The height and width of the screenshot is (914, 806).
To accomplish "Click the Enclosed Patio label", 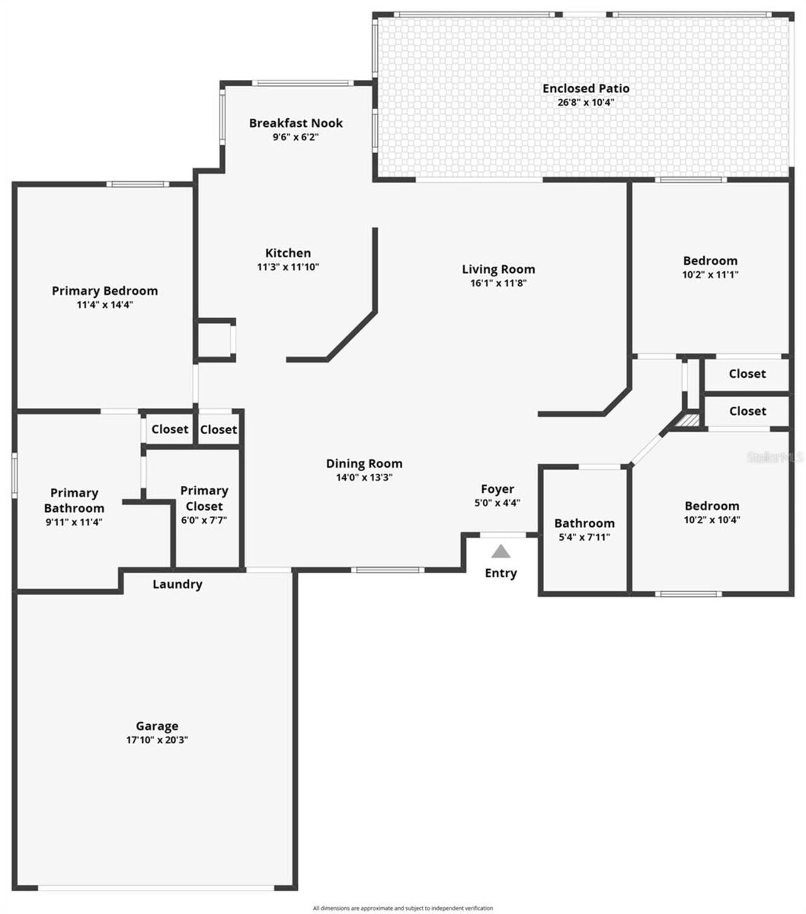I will click(x=586, y=89).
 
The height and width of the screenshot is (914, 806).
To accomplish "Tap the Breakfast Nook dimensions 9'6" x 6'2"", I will click(x=295, y=137).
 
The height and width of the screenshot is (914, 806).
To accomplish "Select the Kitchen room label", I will click(x=288, y=253).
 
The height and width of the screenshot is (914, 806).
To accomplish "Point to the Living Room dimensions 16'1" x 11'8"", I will click(x=498, y=283).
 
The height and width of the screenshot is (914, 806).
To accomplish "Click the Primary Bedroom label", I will click(x=105, y=291).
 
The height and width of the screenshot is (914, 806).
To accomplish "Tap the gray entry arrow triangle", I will click(x=501, y=551).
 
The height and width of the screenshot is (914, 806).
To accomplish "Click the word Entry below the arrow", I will click(x=501, y=573).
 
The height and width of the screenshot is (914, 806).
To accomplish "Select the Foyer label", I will click(x=497, y=489).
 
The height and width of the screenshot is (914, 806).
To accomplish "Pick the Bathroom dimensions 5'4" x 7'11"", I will click(x=584, y=537).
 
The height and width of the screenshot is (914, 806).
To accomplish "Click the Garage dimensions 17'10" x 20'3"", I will click(x=157, y=740).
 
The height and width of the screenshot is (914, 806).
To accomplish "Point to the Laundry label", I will click(x=178, y=584).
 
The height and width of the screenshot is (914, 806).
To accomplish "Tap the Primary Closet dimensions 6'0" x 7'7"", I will click(x=204, y=520).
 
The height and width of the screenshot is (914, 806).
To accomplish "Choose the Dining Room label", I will click(x=364, y=464).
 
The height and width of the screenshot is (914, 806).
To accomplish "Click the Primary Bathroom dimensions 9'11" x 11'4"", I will click(x=74, y=522).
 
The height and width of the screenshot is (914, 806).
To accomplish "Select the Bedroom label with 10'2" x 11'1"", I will click(x=710, y=261).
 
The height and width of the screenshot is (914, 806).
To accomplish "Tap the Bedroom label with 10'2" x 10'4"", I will click(x=712, y=506).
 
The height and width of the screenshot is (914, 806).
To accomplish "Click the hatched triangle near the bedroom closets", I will click(x=690, y=420).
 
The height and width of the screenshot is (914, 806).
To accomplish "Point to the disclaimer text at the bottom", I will click(x=403, y=908).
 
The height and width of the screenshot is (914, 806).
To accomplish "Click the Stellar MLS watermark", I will click(x=775, y=457).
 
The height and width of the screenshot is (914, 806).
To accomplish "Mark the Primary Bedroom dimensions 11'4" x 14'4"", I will click(x=105, y=305).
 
